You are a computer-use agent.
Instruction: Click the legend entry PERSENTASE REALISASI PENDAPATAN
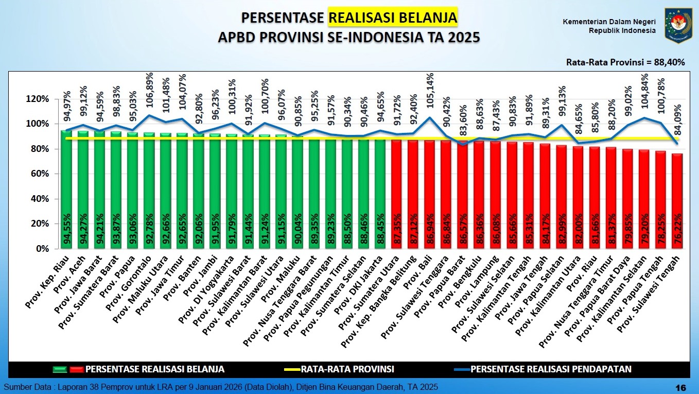[551, 369]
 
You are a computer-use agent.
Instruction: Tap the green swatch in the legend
[61, 369]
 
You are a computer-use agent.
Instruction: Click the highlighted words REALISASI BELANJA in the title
[393, 18]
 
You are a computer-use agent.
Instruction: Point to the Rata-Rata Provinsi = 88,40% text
[625, 62]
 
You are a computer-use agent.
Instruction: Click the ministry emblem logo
[678, 25]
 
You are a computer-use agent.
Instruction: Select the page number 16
[680, 387]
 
